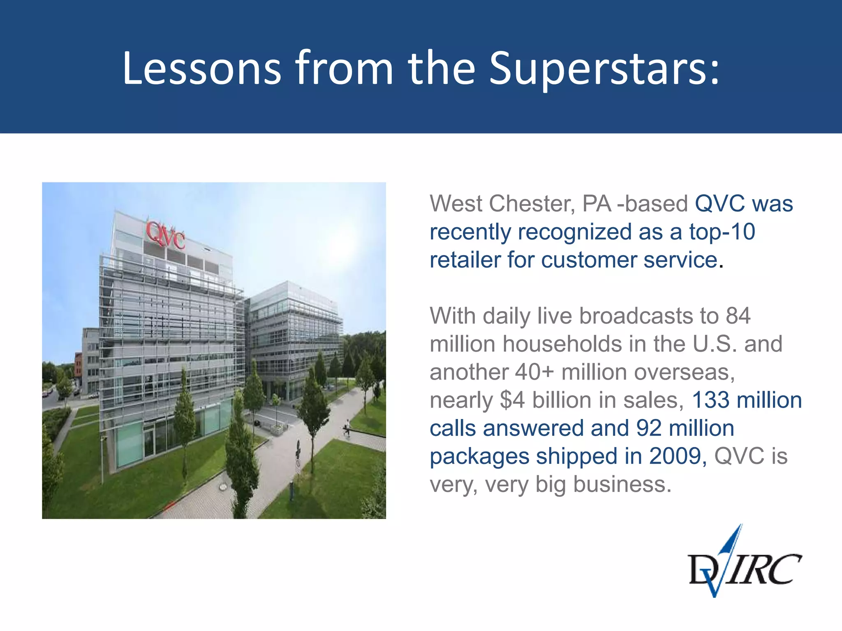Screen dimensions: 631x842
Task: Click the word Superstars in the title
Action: pos(604,68)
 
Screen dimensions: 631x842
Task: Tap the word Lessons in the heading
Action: pos(201,68)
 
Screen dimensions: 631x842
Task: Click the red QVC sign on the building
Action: pos(166,235)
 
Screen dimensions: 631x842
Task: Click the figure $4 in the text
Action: pos(512,400)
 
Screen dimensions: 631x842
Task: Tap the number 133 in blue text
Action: pos(710,400)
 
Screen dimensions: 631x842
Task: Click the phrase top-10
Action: pos(722,232)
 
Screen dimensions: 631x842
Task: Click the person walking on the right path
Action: pos(347,428)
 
